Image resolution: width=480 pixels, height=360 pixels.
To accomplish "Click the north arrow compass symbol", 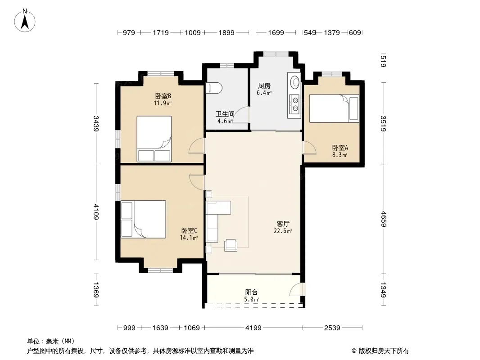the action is [25, 20].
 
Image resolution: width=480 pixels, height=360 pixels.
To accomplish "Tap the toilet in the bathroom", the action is [215, 88].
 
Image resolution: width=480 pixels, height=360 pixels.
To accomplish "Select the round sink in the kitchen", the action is [294, 82].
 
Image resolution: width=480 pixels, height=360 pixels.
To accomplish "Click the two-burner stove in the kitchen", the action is [295, 104].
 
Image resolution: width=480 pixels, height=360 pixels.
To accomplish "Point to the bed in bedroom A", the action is [334, 108].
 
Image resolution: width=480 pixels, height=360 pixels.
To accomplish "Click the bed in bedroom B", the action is [154, 139].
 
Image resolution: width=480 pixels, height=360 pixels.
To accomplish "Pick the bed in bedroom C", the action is [143, 219].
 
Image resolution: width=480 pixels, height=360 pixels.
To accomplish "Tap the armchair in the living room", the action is [231, 245].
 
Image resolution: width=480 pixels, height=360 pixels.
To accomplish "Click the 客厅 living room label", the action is [283, 224].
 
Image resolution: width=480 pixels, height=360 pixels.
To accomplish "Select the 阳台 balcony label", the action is [251, 292].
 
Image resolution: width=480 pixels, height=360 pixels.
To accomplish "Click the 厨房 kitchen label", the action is [264, 85].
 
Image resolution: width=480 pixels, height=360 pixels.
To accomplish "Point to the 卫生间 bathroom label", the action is [225, 114].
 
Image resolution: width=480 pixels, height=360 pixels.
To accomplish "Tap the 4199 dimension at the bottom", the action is [254, 328].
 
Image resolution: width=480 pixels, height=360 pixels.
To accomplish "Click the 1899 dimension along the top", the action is [226, 33].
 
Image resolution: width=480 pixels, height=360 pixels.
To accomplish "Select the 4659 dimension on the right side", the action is [383, 219].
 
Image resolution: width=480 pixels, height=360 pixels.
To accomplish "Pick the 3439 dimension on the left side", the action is [96, 124].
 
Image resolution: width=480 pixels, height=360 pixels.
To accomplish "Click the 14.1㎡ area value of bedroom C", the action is [189, 238].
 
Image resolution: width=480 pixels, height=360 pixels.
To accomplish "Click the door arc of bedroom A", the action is [310, 148].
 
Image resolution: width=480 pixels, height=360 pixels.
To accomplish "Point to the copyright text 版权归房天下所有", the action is [383, 351].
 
